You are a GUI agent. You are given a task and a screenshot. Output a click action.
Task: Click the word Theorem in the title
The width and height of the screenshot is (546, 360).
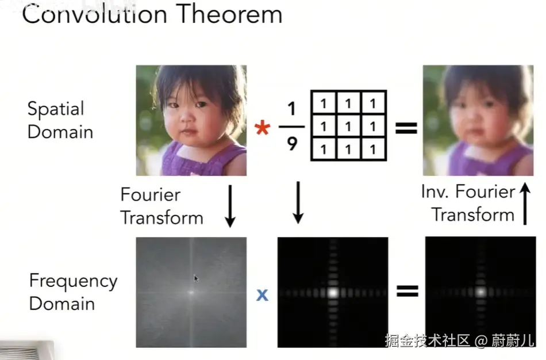pos(229,14)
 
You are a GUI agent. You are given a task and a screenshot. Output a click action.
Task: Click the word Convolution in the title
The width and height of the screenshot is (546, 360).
pos(94,14)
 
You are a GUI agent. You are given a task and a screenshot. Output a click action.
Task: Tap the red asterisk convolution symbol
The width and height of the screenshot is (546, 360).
pos(262,128)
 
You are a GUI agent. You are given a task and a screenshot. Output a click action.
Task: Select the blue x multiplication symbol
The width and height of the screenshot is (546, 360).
pos(262,295)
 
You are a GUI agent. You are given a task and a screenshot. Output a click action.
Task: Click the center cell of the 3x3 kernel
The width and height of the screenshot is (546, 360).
pos(348,126)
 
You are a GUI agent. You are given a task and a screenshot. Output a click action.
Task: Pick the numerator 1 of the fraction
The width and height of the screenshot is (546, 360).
pos(292,109)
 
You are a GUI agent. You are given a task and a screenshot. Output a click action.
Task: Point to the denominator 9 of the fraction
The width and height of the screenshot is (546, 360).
pos(292,144)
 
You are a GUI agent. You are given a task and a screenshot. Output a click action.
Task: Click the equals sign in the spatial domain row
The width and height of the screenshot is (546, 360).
pos(406,128)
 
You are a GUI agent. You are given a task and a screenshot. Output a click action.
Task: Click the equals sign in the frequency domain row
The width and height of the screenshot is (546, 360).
pos(407,291)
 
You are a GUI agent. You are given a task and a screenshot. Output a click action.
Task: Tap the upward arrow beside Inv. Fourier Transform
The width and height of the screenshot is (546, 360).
pos(525,204)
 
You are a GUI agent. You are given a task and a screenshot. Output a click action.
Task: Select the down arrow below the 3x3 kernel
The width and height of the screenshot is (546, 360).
pos(298,202)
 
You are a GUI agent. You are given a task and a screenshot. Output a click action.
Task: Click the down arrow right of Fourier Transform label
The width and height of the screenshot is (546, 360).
pos(230,206)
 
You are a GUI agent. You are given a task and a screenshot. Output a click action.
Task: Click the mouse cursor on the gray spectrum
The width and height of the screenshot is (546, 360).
pos(196,278)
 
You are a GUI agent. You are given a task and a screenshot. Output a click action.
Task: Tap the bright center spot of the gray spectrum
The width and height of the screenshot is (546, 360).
pos(191,292)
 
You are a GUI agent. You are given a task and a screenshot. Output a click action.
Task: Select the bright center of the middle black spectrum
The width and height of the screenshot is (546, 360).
pos(333,292)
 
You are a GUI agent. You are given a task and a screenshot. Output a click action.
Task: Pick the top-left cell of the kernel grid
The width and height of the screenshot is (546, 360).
pos(324,103)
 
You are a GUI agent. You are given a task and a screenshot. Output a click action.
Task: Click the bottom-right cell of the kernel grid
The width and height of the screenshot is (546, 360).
pos(373,149)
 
